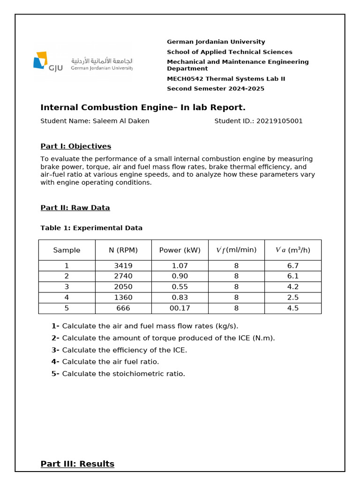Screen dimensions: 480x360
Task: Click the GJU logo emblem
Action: [x=41, y=60]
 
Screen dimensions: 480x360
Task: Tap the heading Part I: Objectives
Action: [x=75, y=146]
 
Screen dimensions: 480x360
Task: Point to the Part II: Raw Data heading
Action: [x=75, y=208]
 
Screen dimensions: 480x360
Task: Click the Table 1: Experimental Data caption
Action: [x=91, y=228]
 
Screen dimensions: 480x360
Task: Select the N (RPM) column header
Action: [x=123, y=250]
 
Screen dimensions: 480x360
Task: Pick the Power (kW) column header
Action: [x=180, y=250]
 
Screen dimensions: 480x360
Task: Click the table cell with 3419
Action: [x=123, y=266]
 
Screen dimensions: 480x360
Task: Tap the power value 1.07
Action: [x=180, y=266]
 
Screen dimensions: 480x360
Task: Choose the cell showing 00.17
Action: [x=180, y=308]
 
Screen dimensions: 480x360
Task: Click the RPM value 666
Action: [x=123, y=308]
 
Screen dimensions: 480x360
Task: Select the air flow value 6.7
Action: [x=292, y=266]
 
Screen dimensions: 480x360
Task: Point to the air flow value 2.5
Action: [x=292, y=298]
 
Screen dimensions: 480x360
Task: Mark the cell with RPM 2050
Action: [x=123, y=287]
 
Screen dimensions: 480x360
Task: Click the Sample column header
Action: [x=67, y=250]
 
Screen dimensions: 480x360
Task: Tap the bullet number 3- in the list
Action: [x=55, y=350]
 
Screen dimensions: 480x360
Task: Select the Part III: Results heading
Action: [x=77, y=464]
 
